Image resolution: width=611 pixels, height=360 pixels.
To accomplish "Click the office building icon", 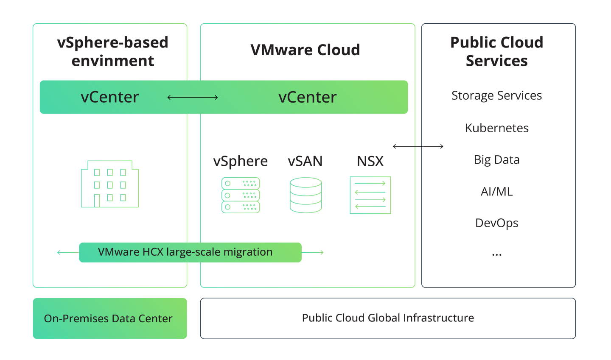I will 110,184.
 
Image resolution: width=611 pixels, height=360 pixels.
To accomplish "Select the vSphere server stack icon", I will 241,195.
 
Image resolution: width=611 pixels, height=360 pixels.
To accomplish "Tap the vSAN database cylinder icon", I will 305,195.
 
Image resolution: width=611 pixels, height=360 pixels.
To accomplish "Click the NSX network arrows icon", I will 370,195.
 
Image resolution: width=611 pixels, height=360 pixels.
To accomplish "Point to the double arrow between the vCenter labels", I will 193,98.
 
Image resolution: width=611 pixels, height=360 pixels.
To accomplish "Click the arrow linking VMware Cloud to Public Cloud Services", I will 418,146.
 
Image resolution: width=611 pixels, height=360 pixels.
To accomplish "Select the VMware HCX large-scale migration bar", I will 190,252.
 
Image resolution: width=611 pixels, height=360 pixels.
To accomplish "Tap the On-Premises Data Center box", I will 110,318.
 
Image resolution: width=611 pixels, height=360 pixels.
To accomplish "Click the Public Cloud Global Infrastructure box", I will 388,318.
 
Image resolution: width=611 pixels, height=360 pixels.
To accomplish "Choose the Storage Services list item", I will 496,95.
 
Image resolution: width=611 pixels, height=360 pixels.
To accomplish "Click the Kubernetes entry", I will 496,128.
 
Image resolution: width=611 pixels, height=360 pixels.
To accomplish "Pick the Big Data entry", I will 496,160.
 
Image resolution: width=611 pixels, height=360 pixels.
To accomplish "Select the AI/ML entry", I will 496,192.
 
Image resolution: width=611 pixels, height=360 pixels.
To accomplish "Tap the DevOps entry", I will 496,223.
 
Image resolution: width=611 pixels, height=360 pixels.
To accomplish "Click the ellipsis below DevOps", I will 496,255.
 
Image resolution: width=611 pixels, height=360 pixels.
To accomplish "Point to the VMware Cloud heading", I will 305,50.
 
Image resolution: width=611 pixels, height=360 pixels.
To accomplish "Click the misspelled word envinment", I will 113,61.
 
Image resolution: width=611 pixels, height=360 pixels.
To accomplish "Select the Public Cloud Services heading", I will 496,51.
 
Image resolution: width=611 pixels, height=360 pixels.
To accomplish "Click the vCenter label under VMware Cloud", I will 307,98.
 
